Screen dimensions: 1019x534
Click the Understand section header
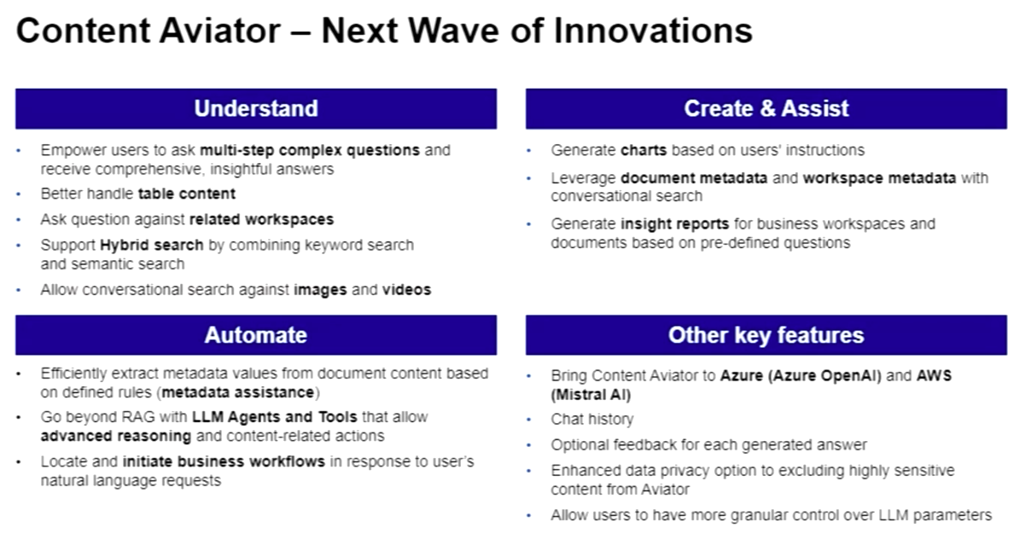[256, 108]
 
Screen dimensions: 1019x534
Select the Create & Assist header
[766, 108]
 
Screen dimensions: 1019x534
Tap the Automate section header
[256, 335]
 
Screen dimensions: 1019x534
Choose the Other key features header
[766, 335]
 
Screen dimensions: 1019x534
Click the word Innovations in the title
[653, 31]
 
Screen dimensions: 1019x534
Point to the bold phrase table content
[187, 194]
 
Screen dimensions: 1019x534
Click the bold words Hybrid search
[151, 245]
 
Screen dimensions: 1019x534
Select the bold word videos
[406, 290]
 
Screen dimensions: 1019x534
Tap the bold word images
[320, 290]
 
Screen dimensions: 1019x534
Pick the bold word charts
[643, 150]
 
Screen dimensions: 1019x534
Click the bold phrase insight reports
[674, 224]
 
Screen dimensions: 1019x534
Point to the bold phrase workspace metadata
[879, 178]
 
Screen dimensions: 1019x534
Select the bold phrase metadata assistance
[238, 392]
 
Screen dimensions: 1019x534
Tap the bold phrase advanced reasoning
[116, 436]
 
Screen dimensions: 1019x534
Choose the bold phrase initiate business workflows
[224, 461]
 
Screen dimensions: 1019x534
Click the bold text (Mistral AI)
[591, 394]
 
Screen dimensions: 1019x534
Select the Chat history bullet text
[592, 420]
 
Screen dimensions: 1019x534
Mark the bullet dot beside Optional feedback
[529, 445]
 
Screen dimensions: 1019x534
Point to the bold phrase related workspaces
[261, 219]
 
